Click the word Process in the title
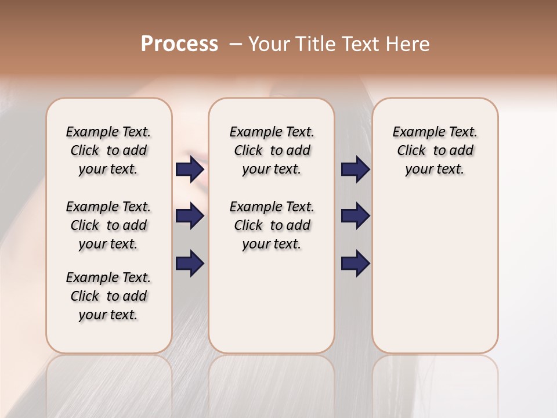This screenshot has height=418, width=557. tap(179, 44)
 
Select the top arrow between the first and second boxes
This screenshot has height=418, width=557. tap(190, 170)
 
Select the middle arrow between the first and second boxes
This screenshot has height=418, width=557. tap(190, 217)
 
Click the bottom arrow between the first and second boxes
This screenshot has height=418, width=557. tap(190, 264)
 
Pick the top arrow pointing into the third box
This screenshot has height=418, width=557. tap(355, 170)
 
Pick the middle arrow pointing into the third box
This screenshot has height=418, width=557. tap(355, 217)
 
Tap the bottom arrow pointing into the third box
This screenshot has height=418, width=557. tap(355, 264)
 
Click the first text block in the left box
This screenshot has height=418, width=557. tap(108, 150)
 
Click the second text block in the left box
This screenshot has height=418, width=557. tap(108, 225)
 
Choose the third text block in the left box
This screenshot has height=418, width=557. tap(108, 296)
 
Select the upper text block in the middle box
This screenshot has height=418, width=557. tap(272, 150)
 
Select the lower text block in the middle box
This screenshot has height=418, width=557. tap(272, 225)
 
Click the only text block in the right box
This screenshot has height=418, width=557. tap(435, 150)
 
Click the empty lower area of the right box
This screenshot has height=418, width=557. tap(435, 273)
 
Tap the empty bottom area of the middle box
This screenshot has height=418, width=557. tap(272, 308)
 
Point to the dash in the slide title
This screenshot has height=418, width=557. tap(235, 44)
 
